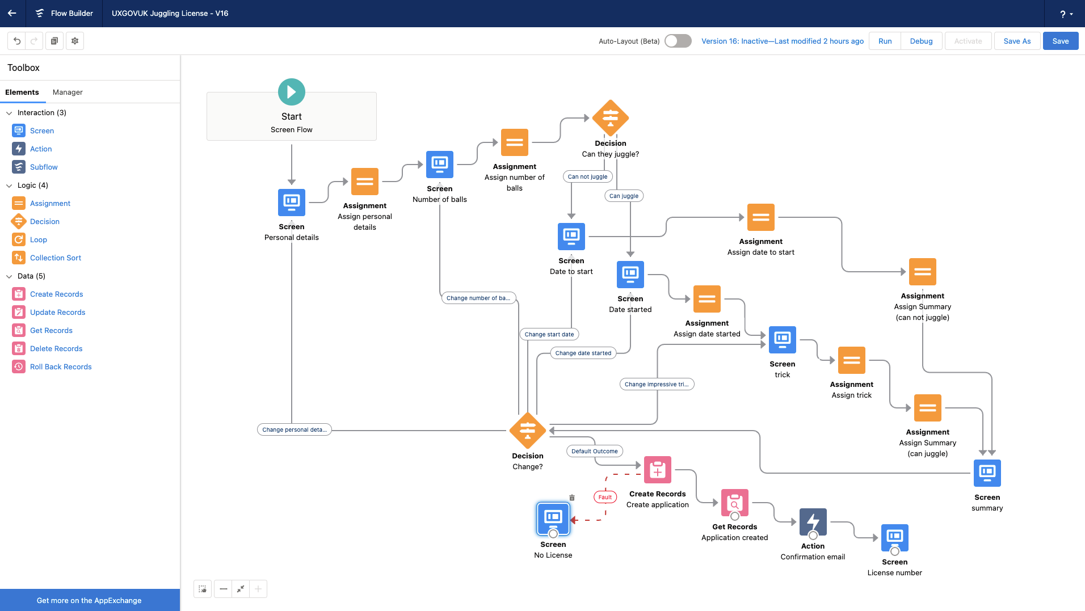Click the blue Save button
(1060, 41)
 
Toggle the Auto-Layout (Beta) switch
(678, 41)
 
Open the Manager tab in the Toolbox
(68, 92)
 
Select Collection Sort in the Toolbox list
(55, 258)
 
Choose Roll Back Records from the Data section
(61, 366)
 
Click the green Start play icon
(292, 92)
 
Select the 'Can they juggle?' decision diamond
(611, 118)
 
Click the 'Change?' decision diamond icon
(528, 431)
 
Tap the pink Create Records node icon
(658, 470)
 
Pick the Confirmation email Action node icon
(813, 522)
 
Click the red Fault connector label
(605, 497)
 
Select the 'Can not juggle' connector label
(587, 176)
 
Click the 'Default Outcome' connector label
(594, 451)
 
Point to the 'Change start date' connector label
(549, 334)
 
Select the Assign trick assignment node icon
(851, 360)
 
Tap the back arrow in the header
(12, 13)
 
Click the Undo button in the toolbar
(17, 41)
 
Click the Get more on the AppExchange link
(89, 600)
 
